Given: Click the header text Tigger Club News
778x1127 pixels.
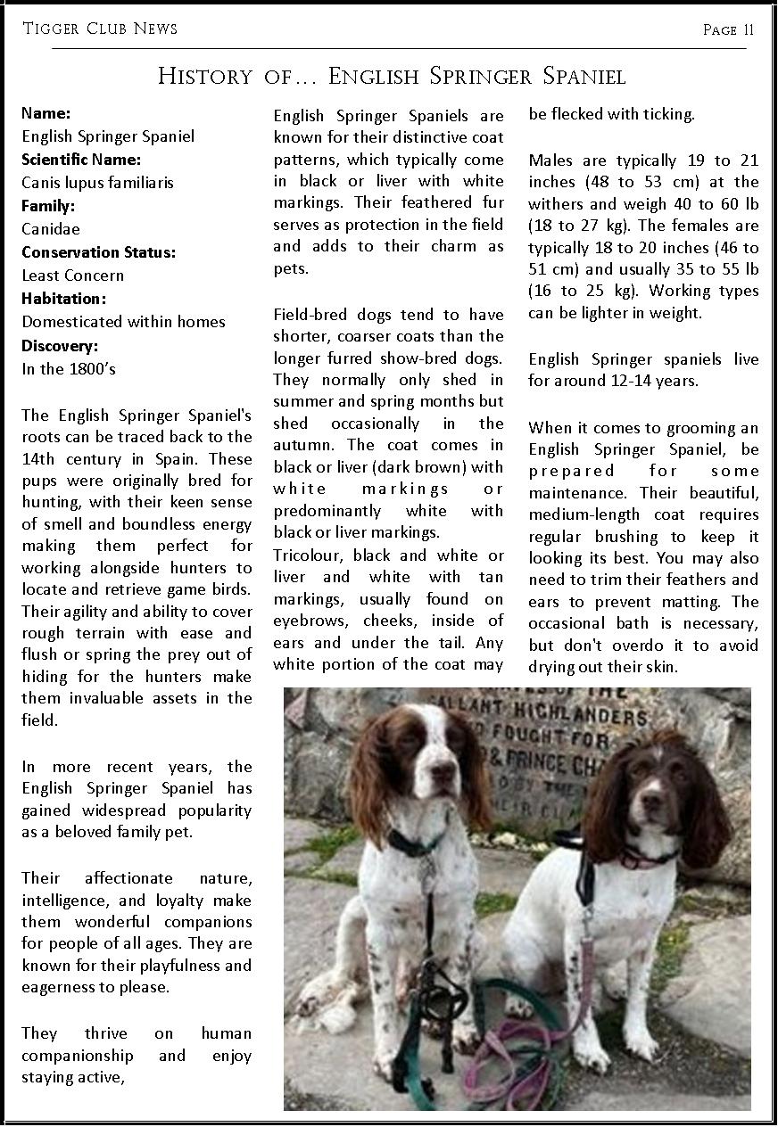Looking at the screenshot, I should (x=100, y=29).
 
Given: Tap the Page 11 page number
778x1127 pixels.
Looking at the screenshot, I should (x=728, y=29).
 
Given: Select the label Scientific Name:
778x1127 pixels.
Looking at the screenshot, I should (x=81, y=160).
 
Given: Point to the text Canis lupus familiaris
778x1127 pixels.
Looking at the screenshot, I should (x=97, y=183).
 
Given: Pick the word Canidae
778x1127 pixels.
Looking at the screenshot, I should (x=51, y=229).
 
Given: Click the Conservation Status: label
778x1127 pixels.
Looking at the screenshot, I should (x=98, y=252).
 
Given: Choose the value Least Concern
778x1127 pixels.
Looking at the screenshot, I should (x=73, y=276).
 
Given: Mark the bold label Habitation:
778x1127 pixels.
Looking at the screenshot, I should (x=64, y=299).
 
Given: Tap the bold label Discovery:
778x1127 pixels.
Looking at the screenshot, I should (x=60, y=346).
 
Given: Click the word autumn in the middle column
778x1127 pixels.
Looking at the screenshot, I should (x=302, y=446).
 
